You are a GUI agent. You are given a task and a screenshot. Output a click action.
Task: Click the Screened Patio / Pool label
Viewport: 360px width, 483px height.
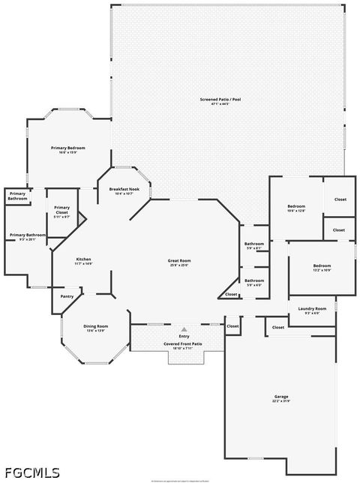tap(220, 99)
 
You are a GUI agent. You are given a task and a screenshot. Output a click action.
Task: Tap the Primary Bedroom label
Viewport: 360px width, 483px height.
tap(68, 148)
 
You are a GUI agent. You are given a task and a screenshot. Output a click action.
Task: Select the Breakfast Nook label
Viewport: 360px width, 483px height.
tap(124, 189)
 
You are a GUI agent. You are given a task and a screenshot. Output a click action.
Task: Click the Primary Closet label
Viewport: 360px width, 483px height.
tap(61, 210)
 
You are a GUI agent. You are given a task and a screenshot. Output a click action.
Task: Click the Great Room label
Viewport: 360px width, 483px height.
tap(178, 260)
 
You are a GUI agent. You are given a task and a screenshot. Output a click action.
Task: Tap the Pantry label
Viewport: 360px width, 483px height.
tap(67, 296)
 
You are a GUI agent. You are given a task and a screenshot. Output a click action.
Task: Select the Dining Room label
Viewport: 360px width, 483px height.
tap(95, 326)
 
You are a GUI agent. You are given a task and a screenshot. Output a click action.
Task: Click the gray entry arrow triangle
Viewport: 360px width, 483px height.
tap(184, 329)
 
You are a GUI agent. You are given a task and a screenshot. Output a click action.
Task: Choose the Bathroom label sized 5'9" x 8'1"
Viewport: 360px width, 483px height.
tap(253, 244)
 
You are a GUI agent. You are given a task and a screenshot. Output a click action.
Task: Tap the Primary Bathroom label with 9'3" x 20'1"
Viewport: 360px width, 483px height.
tap(27, 235)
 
